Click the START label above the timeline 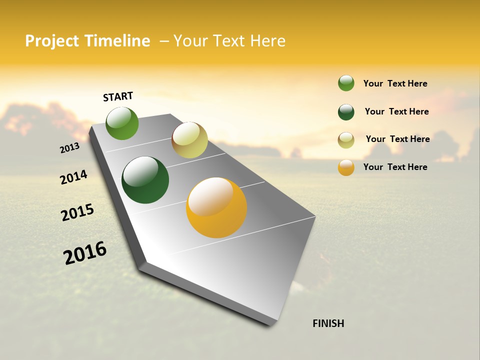(x=118, y=96)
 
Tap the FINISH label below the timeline (x=328, y=323)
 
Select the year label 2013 (x=69, y=147)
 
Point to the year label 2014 (x=73, y=177)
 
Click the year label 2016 (x=85, y=253)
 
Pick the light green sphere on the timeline (x=122, y=123)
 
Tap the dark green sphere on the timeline (x=145, y=180)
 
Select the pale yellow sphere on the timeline (x=189, y=140)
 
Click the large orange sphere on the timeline (x=216, y=207)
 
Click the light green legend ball (x=346, y=83)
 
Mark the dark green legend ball (x=346, y=112)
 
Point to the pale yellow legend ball (x=346, y=140)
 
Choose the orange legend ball (x=346, y=167)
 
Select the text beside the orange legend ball (x=395, y=167)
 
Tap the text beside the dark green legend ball (x=396, y=111)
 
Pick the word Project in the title (x=51, y=41)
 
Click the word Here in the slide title (x=267, y=41)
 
